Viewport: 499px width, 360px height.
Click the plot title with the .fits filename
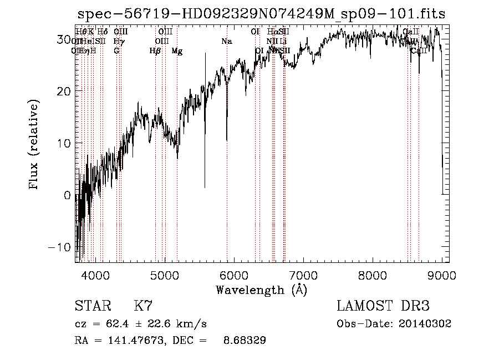[261, 14]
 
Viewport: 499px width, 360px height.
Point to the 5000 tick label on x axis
[165, 275]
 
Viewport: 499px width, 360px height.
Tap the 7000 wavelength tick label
[303, 275]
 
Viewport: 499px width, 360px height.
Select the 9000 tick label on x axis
[441, 275]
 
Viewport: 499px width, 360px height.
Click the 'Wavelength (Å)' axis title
[261, 290]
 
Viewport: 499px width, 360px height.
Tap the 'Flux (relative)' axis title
[34, 145]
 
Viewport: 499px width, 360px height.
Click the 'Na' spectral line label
[226, 42]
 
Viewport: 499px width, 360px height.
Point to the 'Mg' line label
[177, 51]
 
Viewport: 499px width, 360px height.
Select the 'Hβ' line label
[155, 51]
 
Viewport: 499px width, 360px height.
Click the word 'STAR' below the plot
[92, 306]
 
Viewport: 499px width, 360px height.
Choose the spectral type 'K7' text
[143, 306]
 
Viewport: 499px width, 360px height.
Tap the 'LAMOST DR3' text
[383, 306]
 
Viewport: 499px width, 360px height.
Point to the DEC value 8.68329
[244, 341]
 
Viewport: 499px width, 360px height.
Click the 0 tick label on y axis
[68, 195]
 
